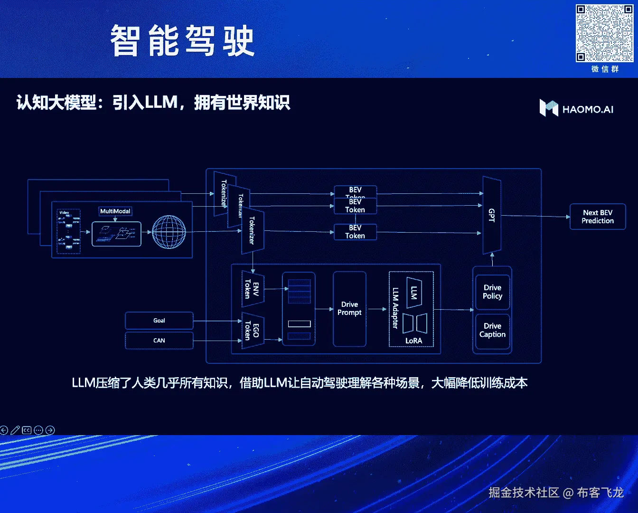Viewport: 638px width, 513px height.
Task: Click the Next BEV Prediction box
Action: click(x=598, y=217)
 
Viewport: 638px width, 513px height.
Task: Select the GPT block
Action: click(x=492, y=215)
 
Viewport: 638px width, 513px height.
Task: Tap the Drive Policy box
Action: click(x=492, y=292)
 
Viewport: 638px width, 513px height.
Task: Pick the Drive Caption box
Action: click(x=492, y=330)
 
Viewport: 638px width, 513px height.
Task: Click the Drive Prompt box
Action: click(x=349, y=309)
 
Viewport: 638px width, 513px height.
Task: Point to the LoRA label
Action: click(x=413, y=341)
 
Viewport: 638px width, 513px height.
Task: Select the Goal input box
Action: click(x=159, y=321)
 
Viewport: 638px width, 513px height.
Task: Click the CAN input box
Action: click(x=159, y=341)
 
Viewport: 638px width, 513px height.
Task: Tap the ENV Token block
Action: click(x=252, y=289)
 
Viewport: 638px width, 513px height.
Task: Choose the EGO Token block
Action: click(x=252, y=330)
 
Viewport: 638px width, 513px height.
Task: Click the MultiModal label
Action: click(x=115, y=211)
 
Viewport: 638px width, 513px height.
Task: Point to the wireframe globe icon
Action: click(x=169, y=232)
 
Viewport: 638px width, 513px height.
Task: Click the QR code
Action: click(x=604, y=33)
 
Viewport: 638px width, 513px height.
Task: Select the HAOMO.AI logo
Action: click(x=576, y=109)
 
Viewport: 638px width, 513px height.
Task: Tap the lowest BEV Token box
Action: click(x=355, y=232)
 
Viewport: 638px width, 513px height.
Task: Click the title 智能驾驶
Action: click(x=182, y=41)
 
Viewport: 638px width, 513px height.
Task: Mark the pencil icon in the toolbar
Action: click(x=15, y=430)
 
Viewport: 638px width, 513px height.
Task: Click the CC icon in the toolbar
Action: click(x=27, y=430)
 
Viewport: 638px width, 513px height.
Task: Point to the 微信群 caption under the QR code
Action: click(x=605, y=69)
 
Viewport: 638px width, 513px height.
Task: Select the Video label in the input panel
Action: click(x=64, y=212)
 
